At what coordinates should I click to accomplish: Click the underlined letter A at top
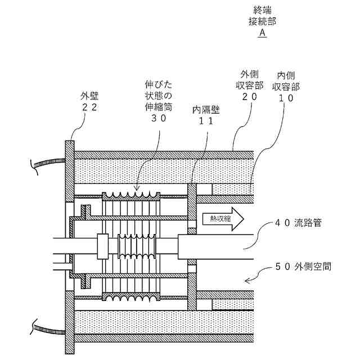point(262,33)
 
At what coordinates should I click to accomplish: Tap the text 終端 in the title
point(262,10)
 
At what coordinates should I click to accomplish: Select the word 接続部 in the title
point(262,21)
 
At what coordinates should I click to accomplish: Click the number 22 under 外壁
point(92,107)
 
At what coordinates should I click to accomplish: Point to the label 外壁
point(92,96)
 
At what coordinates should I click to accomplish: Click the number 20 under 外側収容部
point(249,97)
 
